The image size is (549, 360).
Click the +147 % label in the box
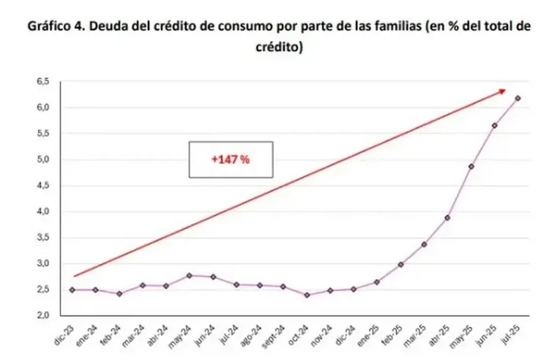click(231, 160)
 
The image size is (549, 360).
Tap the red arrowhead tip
click(505, 90)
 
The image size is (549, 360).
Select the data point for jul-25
click(518, 98)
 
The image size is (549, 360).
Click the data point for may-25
click(471, 167)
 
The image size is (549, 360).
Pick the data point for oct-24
click(307, 295)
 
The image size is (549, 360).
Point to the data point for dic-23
click(72, 290)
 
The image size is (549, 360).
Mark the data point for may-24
click(190, 275)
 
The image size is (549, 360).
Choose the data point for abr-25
click(447, 217)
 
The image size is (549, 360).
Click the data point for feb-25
click(400, 264)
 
